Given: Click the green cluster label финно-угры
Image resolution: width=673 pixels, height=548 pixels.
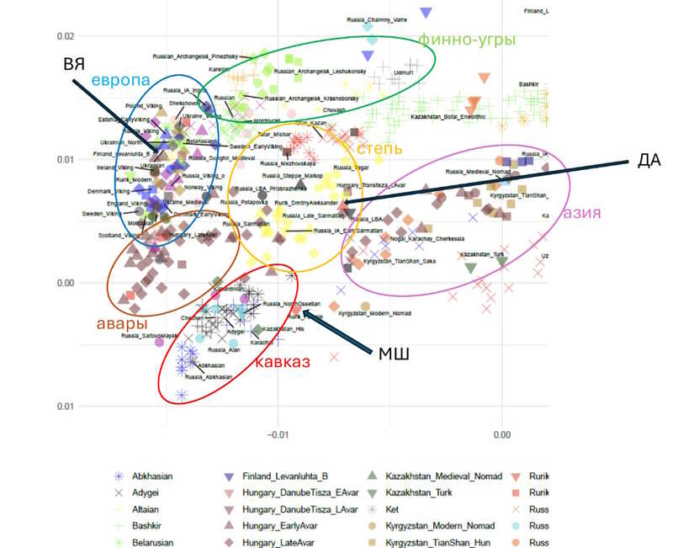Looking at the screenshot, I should pos(466,40).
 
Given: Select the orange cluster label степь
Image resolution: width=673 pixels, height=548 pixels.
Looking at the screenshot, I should pos(379,148).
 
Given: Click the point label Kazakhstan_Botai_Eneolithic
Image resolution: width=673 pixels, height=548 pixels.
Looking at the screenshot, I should pos(448,117).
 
